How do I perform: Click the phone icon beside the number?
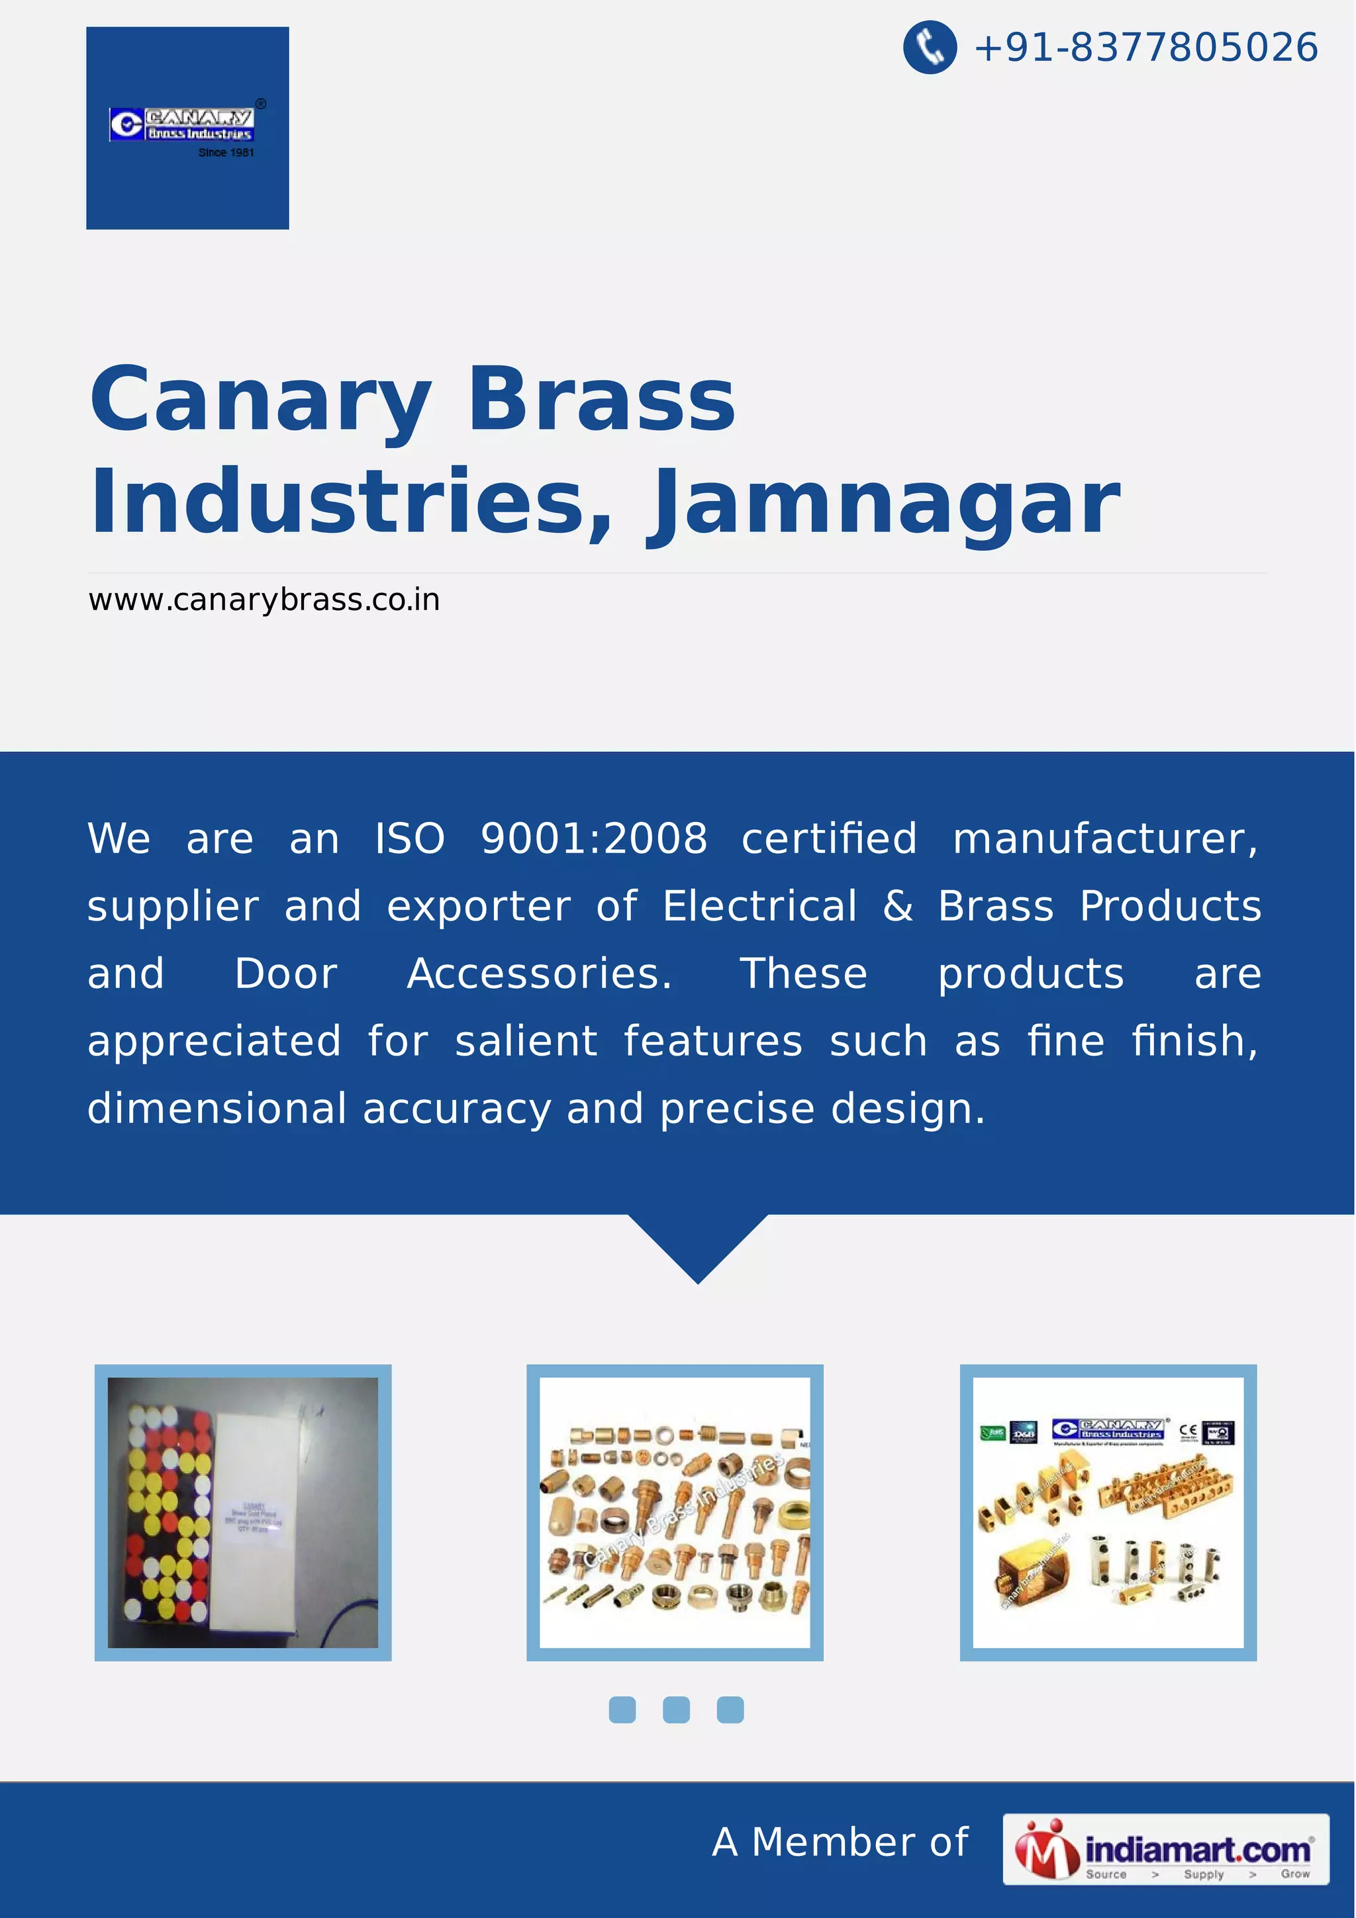[x=929, y=47]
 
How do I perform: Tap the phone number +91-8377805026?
[x=1145, y=47]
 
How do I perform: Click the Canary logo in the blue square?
[x=181, y=124]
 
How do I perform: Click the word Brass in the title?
[x=602, y=400]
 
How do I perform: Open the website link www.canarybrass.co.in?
[x=264, y=600]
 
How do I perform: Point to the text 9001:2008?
[x=593, y=838]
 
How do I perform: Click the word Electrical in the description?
[x=759, y=905]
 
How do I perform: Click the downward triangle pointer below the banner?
[x=698, y=1245]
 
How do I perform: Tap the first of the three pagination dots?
[x=622, y=1710]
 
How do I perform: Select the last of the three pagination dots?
[x=730, y=1710]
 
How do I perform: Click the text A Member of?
[x=840, y=1842]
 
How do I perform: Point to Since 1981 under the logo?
[x=226, y=153]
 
